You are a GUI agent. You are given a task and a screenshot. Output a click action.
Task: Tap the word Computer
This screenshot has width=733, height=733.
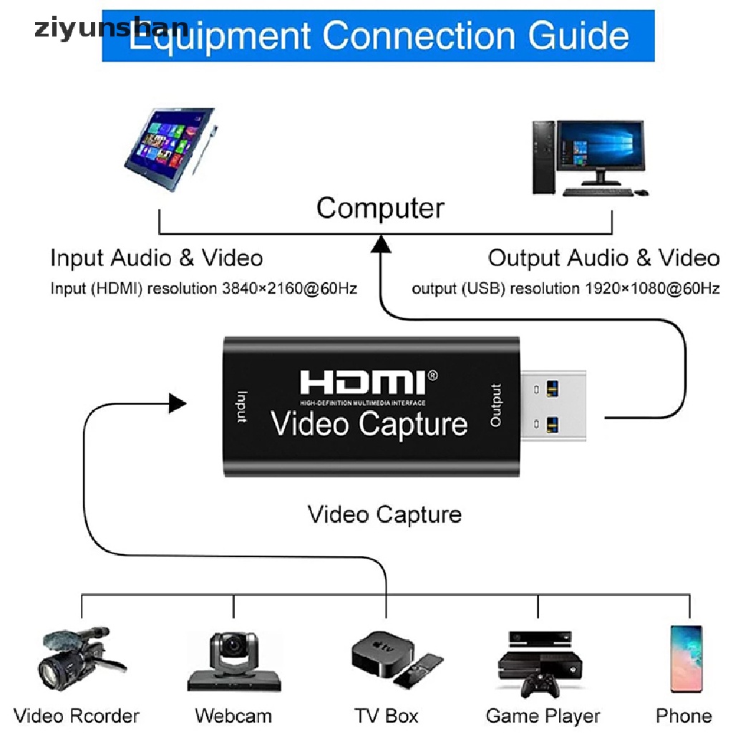(x=380, y=208)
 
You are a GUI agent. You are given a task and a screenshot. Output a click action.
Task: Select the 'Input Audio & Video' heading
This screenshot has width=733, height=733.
(x=157, y=258)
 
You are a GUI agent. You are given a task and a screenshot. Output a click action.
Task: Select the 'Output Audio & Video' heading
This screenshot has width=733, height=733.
(x=603, y=258)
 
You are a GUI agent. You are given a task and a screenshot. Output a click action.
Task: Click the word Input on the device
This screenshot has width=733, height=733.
(x=242, y=407)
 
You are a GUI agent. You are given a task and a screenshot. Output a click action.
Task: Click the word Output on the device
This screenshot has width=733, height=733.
(x=496, y=406)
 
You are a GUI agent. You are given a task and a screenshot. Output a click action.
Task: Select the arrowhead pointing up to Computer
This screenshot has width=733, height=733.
(x=381, y=246)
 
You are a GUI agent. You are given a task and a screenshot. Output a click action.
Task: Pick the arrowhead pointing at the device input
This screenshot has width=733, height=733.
(x=178, y=403)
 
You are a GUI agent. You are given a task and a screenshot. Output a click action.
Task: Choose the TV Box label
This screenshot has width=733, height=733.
(x=386, y=716)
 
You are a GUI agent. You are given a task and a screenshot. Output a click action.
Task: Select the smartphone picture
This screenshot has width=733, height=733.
(x=685, y=659)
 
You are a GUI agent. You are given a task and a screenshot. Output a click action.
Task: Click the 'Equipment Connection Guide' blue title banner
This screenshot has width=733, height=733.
(x=378, y=34)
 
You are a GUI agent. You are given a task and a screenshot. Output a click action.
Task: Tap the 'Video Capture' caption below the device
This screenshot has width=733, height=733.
(x=384, y=514)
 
